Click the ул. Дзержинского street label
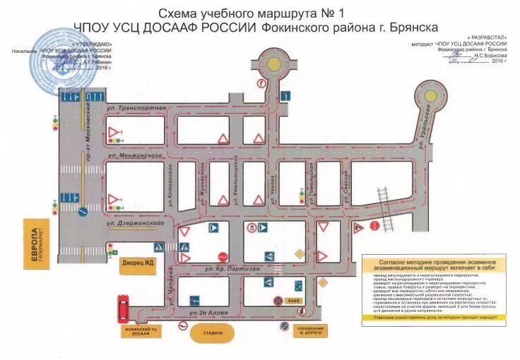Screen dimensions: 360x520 136,223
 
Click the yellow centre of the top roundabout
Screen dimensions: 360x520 271,60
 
